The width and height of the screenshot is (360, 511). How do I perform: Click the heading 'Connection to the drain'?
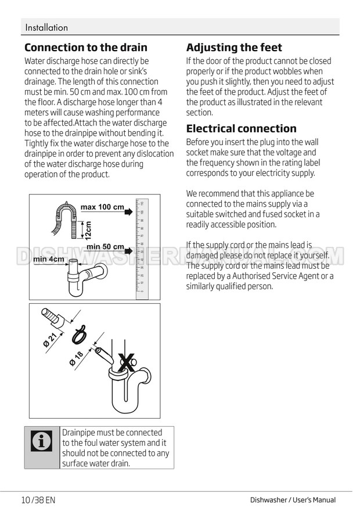(86, 48)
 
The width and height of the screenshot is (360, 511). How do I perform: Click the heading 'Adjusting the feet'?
(234, 48)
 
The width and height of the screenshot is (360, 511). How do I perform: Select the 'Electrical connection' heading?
(241, 128)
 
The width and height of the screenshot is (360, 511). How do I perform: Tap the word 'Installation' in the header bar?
(46, 27)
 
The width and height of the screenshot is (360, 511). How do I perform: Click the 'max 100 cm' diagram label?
(102, 207)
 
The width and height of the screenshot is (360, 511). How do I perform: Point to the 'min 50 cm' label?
(105, 247)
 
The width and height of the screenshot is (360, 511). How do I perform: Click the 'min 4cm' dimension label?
(49, 259)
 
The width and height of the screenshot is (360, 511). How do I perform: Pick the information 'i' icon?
(42, 442)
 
